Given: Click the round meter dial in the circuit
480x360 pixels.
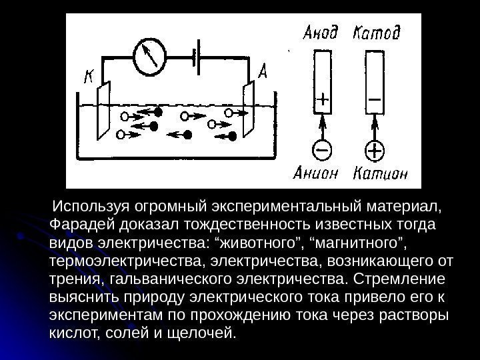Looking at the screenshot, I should [151, 57].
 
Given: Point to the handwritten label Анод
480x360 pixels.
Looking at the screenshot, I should [321, 32].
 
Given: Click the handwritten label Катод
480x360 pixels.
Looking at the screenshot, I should [377, 32].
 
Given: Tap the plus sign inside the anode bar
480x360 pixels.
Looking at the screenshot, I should [321, 101].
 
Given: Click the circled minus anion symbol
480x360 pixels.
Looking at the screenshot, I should [321, 150].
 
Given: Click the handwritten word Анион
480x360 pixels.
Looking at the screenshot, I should [317, 174].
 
